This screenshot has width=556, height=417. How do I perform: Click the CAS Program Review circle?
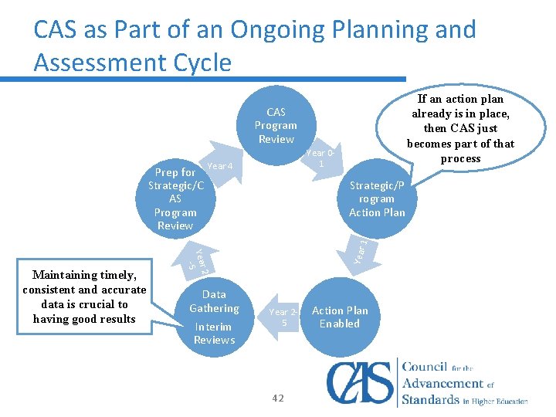[x=276, y=126]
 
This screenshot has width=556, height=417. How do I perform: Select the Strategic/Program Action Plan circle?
[x=377, y=199]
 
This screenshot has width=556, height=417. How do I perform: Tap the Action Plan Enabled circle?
[x=340, y=317]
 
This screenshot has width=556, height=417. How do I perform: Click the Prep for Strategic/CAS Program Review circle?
[x=175, y=199]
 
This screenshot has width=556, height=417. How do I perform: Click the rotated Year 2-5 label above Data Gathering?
[x=198, y=259]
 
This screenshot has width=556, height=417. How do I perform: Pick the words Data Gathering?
[x=214, y=301]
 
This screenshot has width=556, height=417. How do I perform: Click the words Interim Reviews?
[x=214, y=333]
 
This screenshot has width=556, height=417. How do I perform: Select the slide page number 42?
[x=278, y=398]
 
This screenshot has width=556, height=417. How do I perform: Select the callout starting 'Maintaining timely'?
[x=84, y=297]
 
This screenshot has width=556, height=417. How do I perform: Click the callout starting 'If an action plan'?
[x=460, y=128]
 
